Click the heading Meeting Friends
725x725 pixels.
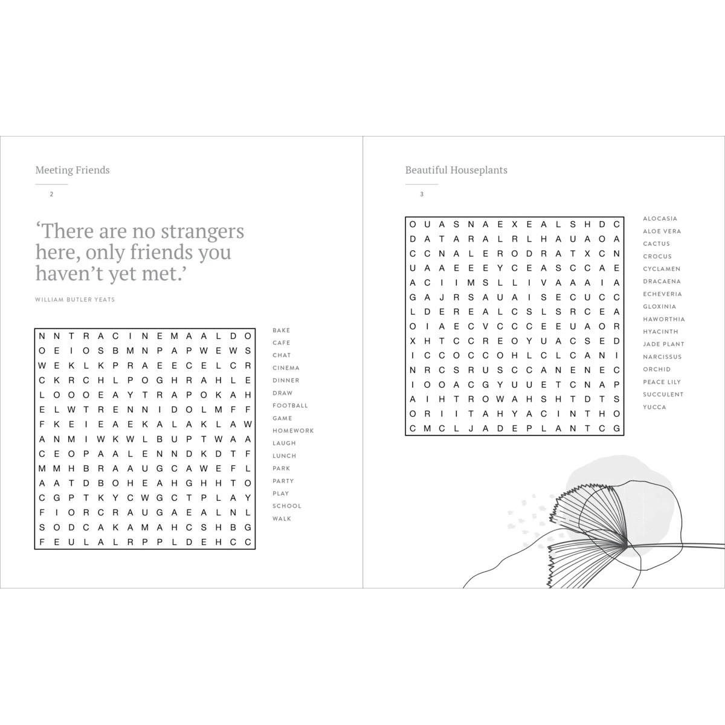tap(72, 170)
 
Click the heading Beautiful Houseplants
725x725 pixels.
tap(456, 170)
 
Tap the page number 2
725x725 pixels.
tap(52, 194)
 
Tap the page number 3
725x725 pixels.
tap(422, 194)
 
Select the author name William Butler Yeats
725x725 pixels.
tap(75, 300)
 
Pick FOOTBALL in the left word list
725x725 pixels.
tap(290, 406)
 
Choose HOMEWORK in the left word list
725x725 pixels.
tap(293, 431)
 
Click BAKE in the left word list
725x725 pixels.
tap(281, 330)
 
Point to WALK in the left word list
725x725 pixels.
tap(282, 519)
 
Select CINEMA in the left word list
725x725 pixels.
tap(286, 368)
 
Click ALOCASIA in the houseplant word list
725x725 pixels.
tap(660, 219)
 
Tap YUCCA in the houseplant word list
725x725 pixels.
tap(654, 407)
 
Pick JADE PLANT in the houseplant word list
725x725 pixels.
tap(663, 344)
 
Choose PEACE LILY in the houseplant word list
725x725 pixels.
tap(662, 382)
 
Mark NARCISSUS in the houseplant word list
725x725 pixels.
tap(662, 357)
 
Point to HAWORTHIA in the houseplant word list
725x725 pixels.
tap(663, 319)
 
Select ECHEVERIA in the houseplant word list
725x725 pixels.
tap(662, 294)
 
